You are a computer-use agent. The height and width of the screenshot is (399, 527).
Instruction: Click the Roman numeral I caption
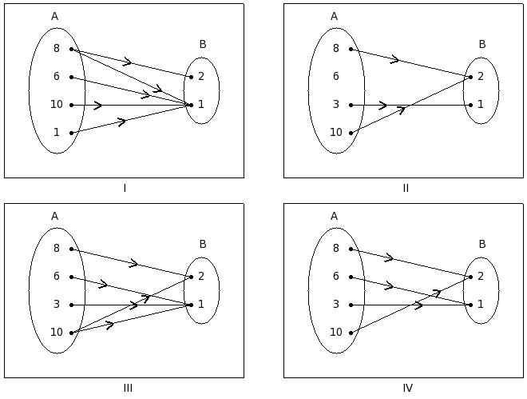[125, 189]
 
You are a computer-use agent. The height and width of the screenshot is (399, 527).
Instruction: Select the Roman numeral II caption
[406, 189]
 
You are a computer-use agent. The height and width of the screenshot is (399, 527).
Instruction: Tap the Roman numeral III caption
[128, 389]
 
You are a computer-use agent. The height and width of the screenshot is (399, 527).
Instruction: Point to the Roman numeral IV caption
[407, 389]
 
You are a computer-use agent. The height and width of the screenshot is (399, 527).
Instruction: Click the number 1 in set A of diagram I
[57, 133]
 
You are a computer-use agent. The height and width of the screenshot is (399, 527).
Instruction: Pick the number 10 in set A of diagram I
[56, 105]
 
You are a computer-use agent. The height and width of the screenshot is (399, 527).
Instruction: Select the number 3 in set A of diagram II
[336, 105]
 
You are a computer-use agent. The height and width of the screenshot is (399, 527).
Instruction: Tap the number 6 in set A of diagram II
[336, 77]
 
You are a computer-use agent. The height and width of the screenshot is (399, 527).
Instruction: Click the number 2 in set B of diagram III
[201, 277]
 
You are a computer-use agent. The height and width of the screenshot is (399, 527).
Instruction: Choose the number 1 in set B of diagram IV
[481, 305]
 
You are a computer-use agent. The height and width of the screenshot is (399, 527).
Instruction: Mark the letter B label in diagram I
[203, 45]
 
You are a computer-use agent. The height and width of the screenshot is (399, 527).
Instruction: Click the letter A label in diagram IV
[334, 217]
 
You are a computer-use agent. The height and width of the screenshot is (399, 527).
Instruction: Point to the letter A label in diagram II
[334, 17]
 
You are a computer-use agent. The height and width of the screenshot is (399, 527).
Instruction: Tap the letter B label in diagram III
[203, 245]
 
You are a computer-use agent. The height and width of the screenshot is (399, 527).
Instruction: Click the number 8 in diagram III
[57, 249]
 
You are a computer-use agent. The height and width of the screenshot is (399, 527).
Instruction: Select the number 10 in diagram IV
[335, 333]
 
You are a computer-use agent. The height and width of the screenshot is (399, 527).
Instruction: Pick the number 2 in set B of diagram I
[201, 77]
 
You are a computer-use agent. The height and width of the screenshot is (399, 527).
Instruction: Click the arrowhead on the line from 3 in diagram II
[383, 105]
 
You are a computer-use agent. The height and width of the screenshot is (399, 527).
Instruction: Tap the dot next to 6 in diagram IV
[351, 277]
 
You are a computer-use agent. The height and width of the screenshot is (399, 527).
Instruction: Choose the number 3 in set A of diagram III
[57, 305]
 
